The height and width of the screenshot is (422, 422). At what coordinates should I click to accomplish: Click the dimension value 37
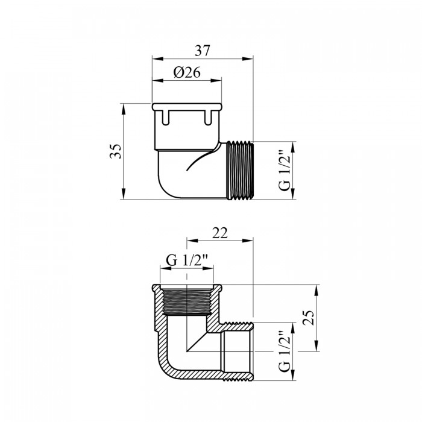point(202,51)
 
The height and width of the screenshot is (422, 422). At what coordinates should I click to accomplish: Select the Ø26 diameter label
point(187,72)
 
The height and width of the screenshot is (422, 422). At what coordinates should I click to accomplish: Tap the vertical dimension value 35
point(116,151)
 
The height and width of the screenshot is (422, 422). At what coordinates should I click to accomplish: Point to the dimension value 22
point(220,233)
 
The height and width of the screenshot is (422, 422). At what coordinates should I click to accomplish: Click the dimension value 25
point(309,318)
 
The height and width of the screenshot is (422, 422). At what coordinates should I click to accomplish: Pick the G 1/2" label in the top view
point(285,169)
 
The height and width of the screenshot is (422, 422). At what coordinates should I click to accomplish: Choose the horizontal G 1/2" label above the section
point(187,260)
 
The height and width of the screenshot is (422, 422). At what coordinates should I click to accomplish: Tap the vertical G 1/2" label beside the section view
point(285,351)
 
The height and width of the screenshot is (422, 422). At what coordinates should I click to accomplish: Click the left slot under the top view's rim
point(166,117)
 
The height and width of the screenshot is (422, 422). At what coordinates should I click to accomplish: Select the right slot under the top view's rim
point(208,117)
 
